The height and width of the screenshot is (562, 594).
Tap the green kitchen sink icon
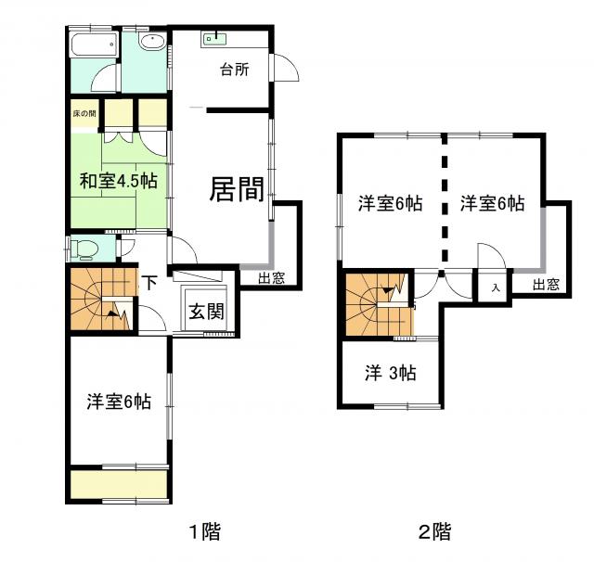pyautogui.click(x=215, y=38)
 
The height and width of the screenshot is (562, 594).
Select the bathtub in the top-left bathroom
pyautogui.click(x=93, y=46)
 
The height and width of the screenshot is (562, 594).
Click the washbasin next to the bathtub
pyautogui.click(x=151, y=42)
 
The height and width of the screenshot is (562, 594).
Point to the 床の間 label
pyautogui.click(x=84, y=114)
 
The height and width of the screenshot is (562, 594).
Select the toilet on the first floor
pyautogui.click(x=85, y=249)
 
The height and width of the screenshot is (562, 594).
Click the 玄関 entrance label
pyautogui.click(x=206, y=312)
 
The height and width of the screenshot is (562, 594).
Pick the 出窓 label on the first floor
pyautogui.click(x=271, y=277)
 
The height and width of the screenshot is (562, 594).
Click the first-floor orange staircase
pyautogui.click(x=100, y=299)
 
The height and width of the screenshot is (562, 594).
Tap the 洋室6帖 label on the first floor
pyautogui.click(x=119, y=402)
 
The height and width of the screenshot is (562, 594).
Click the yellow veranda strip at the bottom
pyautogui.click(x=119, y=484)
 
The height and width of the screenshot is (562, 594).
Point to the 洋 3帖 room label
pyautogui.click(x=389, y=373)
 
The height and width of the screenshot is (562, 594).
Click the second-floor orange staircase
pyautogui.click(x=377, y=304)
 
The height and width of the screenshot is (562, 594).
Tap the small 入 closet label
pyautogui.click(x=496, y=287)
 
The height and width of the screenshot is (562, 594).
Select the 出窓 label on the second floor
pyautogui.click(x=547, y=285)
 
